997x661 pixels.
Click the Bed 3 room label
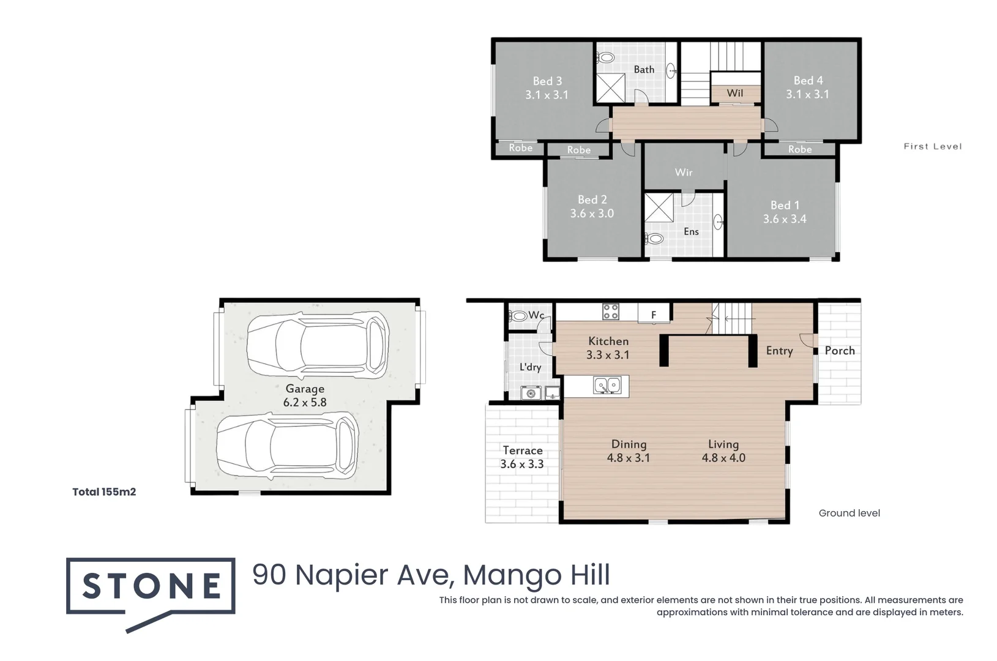[x=547, y=81]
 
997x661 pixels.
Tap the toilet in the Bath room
[x=606, y=58]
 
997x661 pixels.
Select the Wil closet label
[x=734, y=93]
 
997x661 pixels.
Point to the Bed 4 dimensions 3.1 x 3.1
[x=807, y=94]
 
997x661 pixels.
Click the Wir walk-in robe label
[x=684, y=173]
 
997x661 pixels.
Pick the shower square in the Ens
[x=659, y=208]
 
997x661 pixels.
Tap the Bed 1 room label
[x=784, y=205]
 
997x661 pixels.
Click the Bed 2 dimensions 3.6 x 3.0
[x=592, y=214]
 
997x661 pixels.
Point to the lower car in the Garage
[x=287, y=446]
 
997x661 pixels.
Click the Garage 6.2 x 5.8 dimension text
[x=305, y=403]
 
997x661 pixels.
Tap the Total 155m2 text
[x=104, y=492]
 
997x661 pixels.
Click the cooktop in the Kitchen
[x=610, y=312]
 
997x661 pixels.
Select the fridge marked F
[x=653, y=315]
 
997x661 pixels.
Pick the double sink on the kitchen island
[x=607, y=386]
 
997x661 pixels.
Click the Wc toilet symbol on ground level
[x=518, y=316]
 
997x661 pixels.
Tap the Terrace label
[x=523, y=450]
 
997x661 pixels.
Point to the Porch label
[x=839, y=351]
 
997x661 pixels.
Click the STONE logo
[x=151, y=586]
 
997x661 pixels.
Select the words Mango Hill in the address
[x=536, y=575]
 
